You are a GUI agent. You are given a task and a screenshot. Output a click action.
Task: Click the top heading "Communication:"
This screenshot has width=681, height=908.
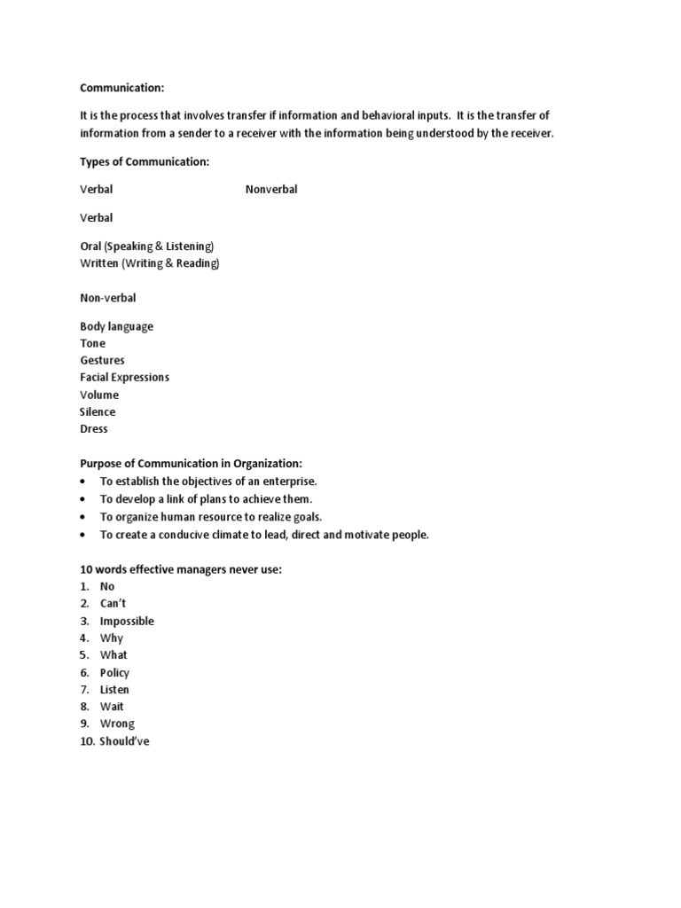click(122, 88)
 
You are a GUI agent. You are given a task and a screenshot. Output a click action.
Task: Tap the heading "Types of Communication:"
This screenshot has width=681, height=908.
click(145, 161)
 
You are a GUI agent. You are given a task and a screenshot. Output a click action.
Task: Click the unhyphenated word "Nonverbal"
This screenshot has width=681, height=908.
click(271, 190)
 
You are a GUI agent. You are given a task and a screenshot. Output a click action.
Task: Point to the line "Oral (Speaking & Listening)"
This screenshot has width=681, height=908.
click(147, 246)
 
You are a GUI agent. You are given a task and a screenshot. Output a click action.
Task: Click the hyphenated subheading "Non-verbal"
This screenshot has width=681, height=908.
click(108, 298)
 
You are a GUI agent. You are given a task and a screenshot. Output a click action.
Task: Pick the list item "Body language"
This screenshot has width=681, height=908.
click(116, 326)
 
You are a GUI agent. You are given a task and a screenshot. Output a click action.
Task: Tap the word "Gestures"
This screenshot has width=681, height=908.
click(103, 361)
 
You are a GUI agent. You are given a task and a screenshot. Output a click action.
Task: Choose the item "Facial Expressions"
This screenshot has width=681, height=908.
click(124, 378)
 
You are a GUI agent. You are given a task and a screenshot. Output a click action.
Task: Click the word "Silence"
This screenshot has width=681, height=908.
click(98, 412)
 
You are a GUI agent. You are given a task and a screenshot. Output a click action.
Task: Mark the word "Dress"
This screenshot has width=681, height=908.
click(94, 429)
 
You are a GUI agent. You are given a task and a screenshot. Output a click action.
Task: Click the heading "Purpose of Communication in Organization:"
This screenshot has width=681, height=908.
click(191, 464)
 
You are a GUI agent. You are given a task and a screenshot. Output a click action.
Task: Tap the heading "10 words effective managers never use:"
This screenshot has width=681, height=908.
click(181, 569)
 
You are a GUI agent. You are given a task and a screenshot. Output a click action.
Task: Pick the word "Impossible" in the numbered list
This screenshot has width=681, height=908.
click(127, 622)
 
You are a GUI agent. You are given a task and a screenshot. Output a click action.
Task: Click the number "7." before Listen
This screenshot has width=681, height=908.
click(85, 690)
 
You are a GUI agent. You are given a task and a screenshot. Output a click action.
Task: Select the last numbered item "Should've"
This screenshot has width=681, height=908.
click(125, 741)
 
